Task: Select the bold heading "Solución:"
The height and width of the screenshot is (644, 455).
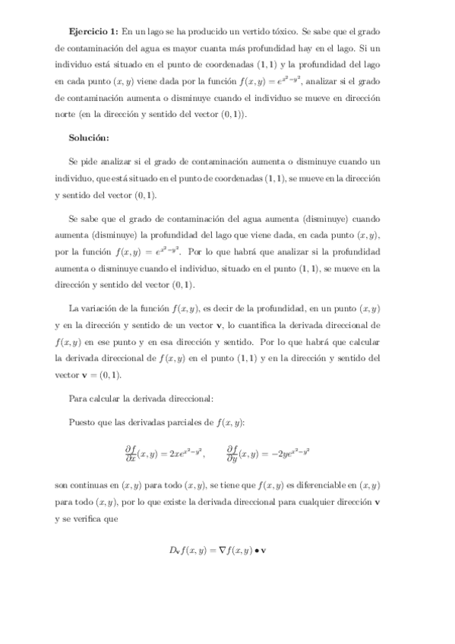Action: (x=89, y=137)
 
